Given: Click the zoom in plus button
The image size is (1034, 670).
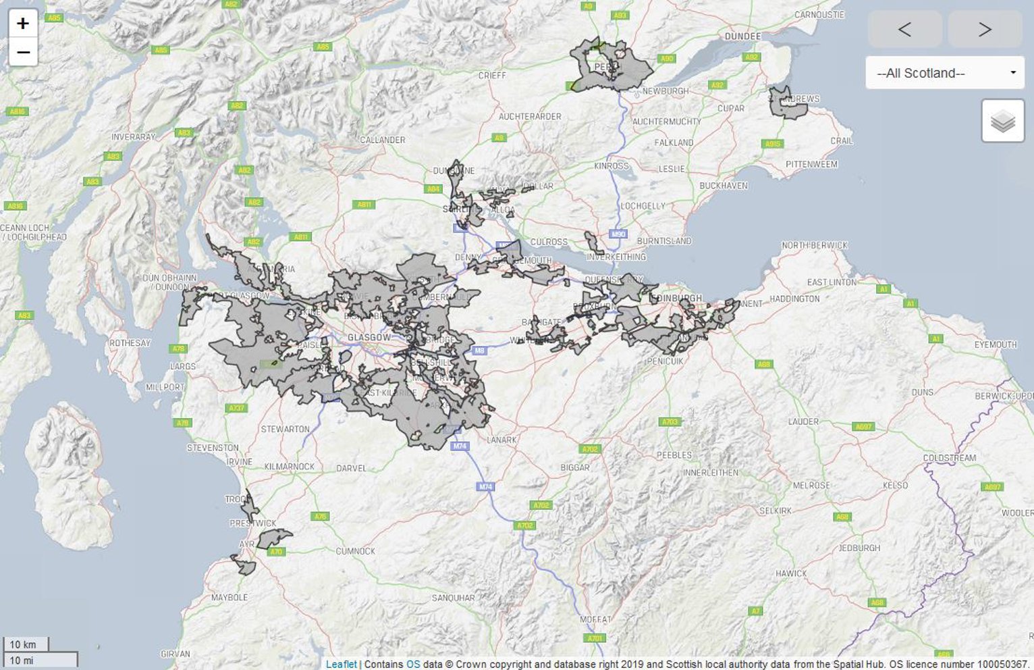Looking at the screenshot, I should point(23,24).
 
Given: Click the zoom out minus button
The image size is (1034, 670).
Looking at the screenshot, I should point(23,52).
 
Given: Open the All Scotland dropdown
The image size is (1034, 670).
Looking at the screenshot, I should point(944,73).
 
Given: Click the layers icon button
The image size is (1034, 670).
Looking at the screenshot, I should point(1002,121).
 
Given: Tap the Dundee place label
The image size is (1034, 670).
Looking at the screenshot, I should point(742,36).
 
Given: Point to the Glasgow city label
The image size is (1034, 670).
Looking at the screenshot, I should point(369,337).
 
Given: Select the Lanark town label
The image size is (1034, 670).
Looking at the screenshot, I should point(501,440).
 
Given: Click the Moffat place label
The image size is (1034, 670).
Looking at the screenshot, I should point(595,619).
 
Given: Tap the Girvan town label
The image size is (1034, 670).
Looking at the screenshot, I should point(175,654).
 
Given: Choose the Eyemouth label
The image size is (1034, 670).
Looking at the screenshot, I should point(995,344).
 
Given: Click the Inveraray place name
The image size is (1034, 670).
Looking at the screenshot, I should point(134,137).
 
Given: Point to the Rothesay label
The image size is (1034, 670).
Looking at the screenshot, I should point(130,343).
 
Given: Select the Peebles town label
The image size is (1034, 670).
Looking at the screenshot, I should point(674,455).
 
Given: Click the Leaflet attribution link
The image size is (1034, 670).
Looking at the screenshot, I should point(341,664).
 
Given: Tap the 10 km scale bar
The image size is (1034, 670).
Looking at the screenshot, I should point(25,644).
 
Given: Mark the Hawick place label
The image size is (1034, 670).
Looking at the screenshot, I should point(791,573).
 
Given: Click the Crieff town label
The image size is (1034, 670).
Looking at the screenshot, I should point(492,76).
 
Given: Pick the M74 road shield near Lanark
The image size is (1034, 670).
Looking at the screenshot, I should point(460,446).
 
